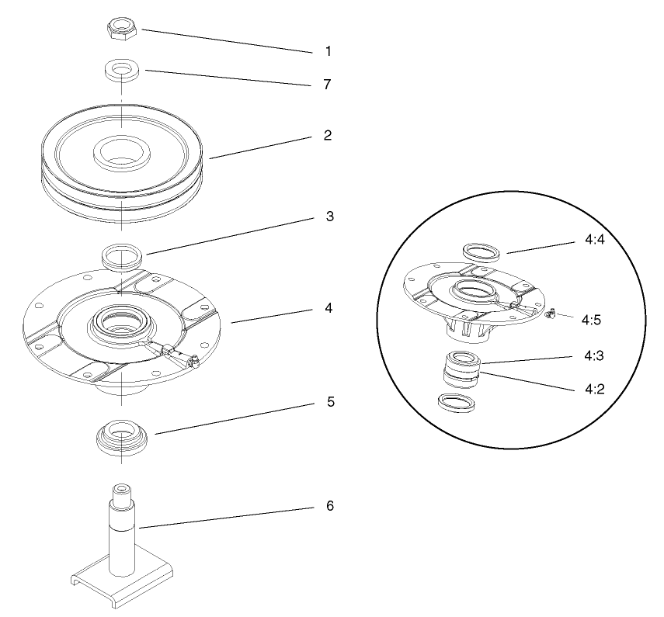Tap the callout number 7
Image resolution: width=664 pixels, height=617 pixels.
tap(328, 83)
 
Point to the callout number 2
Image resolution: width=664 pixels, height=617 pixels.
tap(328, 135)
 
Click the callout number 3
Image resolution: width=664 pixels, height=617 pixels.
tap(329, 217)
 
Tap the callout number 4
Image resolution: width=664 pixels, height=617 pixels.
tap(329, 308)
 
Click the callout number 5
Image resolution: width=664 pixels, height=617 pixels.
tap(329, 404)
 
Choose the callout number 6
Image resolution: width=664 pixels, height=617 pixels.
tap(329, 505)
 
